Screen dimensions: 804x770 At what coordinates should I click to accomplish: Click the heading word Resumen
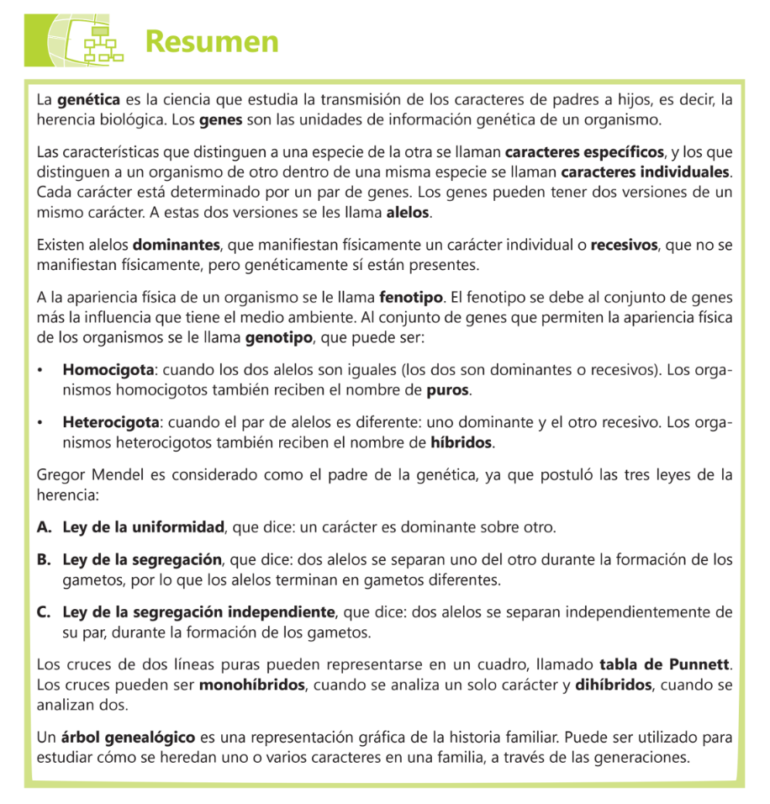pyautogui.click(x=211, y=41)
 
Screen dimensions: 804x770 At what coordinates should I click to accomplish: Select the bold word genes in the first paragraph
pyautogui.click(x=221, y=119)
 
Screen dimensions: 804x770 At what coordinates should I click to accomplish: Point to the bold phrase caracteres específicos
pyautogui.click(x=584, y=153)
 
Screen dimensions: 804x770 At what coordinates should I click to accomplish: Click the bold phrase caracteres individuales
pyautogui.click(x=645, y=172)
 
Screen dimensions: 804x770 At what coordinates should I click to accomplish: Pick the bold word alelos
pyautogui.click(x=408, y=211)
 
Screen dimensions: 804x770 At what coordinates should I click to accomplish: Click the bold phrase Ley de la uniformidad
pyautogui.click(x=143, y=528)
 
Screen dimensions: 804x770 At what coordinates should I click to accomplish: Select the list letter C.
pyautogui.click(x=44, y=611)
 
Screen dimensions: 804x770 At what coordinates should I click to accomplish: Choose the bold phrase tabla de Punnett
pyautogui.click(x=663, y=666)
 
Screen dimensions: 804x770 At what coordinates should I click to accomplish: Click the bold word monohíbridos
pyautogui.click(x=251, y=685)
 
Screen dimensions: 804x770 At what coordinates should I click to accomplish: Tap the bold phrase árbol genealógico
pyautogui.click(x=127, y=738)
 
